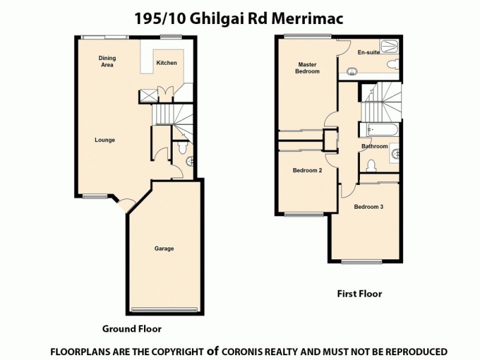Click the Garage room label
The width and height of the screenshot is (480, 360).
coord(164,248)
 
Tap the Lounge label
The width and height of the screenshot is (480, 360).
coord(104,140)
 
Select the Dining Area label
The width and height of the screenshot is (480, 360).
coord(107,61)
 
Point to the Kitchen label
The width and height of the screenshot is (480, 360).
coord(166,62)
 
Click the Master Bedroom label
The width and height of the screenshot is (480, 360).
coord(307,68)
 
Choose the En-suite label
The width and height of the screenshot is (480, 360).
coord(368,53)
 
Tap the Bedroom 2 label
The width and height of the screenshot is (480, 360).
coord(307,170)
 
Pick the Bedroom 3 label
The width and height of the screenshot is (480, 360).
coord(368,206)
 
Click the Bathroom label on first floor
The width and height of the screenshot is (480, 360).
coord(374,146)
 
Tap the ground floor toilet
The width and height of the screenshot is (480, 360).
coord(183,147)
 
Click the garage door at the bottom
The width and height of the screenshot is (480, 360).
coord(164,310)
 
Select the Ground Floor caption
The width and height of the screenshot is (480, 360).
coord(131,329)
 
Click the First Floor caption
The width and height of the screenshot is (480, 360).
coord(358,294)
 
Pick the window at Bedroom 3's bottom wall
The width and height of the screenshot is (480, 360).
coord(362,261)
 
